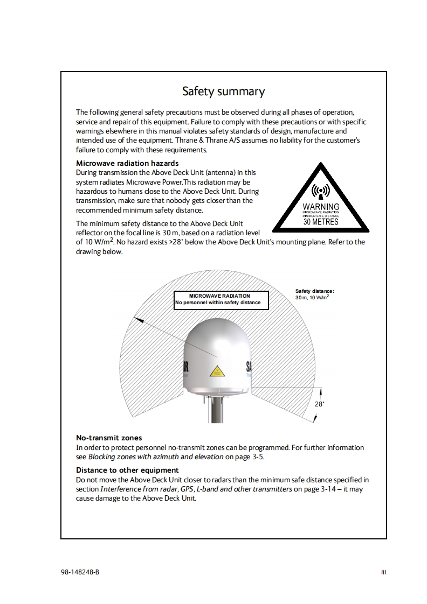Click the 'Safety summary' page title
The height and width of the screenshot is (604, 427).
223,92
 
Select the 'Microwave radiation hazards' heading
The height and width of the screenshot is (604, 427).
127,163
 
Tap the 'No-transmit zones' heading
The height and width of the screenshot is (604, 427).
109,438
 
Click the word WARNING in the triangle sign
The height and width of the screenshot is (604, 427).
321,207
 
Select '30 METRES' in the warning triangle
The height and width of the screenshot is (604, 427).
321,221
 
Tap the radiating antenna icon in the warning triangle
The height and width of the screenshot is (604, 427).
321,192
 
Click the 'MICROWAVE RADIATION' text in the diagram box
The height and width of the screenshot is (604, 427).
219,296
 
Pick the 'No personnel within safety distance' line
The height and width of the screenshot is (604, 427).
218,303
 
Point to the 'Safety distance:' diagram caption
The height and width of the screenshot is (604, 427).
315,291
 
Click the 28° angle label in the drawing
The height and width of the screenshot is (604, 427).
319,404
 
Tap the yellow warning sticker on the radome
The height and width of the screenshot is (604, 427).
217,371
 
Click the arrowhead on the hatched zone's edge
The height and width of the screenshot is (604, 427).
138,320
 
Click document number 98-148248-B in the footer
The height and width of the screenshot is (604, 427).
80,572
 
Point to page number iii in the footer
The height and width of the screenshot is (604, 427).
384,572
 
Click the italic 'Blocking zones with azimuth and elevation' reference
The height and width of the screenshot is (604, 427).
156,456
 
